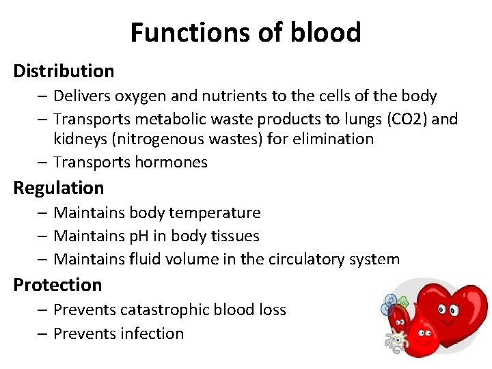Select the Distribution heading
64,71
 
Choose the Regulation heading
59,188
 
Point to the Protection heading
57,285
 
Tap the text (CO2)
408,119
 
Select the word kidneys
80,139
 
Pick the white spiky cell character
396,340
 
